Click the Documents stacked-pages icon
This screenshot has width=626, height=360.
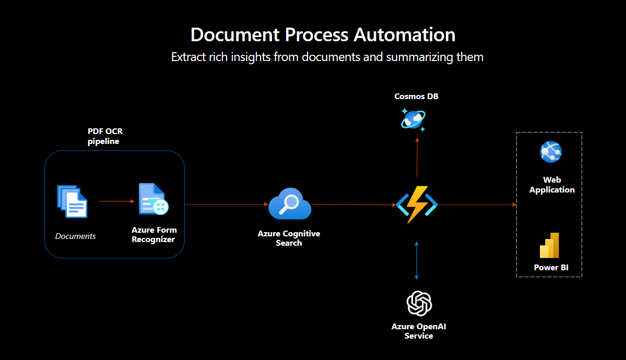(x=72, y=201)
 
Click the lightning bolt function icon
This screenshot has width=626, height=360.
(x=417, y=205)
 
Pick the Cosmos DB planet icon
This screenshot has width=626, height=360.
(x=412, y=119)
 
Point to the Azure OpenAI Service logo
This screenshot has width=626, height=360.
(x=419, y=303)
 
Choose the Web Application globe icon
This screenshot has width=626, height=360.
(x=551, y=152)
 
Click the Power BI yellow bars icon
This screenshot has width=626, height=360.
(x=550, y=245)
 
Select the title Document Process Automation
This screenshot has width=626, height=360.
(x=323, y=35)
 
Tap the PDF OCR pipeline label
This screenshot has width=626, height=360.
(x=105, y=136)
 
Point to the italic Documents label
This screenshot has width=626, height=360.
(x=76, y=236)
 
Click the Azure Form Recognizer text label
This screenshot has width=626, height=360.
(x=154, y=234)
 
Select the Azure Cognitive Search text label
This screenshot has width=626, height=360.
(x=289, y=238)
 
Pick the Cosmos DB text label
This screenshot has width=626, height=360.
(x=412, y=97)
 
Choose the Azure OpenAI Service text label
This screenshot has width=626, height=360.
(x=419, y=331)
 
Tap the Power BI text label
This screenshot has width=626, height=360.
(x=551, y=268)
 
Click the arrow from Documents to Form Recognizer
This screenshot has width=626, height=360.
(x=114, y=201)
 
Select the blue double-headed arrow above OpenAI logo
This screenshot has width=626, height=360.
(x=416, y=260)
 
